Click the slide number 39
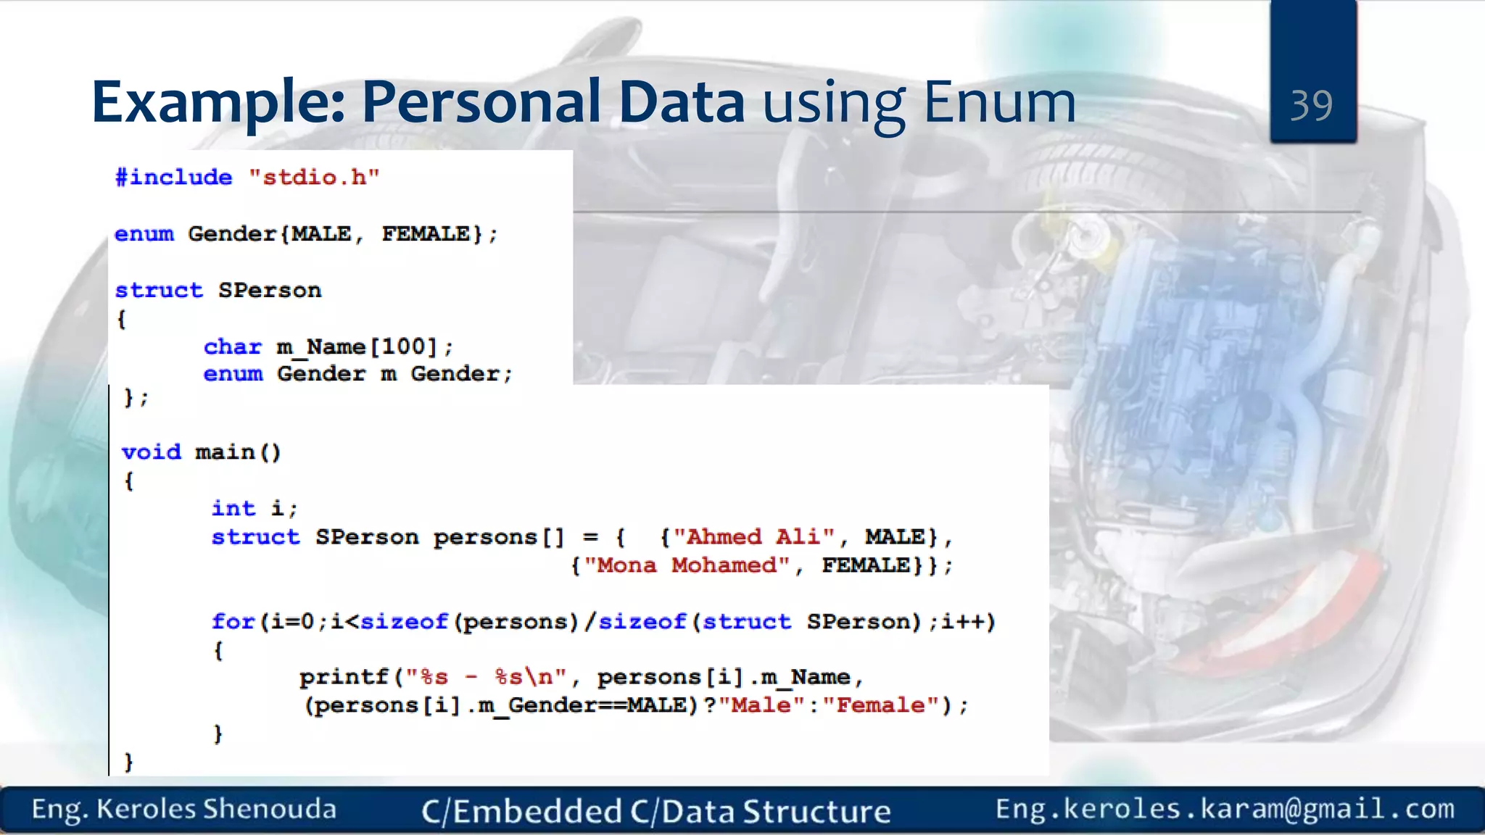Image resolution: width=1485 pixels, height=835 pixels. (x=1311, y=105)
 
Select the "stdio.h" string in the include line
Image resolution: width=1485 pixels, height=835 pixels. (x=314, y=178)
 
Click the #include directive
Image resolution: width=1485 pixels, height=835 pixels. (x=174, y=178)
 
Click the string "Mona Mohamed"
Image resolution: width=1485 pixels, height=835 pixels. (x=687, y=565)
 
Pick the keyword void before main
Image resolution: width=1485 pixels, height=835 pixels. (x=151, y=452)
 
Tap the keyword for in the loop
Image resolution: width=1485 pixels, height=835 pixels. (x=233, y=622)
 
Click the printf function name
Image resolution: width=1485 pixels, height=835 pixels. (x=344, y=678)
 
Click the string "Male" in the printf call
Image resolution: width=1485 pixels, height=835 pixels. (x=761, y=705)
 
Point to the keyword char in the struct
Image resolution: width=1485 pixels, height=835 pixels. (x=232, y=347)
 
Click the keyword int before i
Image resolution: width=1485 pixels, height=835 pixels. (x=233, y=509)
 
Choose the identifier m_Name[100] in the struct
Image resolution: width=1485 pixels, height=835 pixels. (x=357, y=347)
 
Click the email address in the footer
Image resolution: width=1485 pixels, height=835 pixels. (x=1225, y=809)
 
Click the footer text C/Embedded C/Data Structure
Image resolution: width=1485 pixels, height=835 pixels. (x=655, y=811)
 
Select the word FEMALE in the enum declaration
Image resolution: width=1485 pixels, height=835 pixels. (x=426, y=234)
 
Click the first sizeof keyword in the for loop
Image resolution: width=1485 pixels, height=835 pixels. (x=404, y=622)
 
